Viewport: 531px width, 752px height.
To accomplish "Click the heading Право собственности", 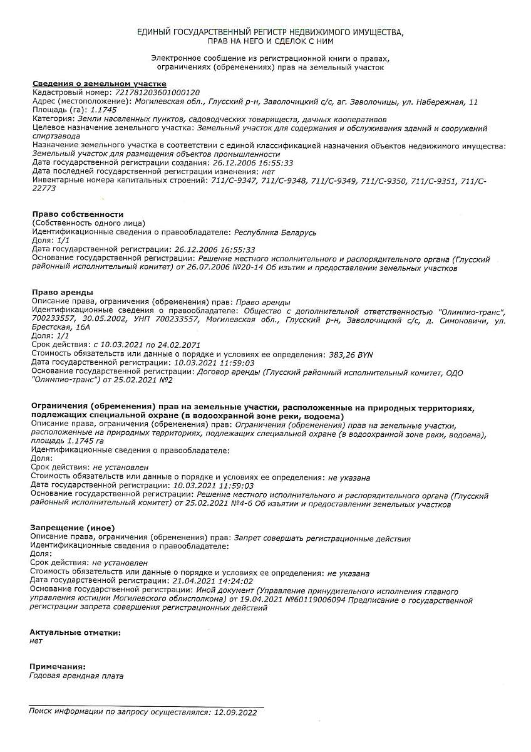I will pyautogui.click(x=78, y=214).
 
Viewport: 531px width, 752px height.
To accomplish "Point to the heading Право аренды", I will pyautogui.click(x=63, y=293).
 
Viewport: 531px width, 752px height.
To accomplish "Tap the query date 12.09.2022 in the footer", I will pyautogui.click(x=235, y=712).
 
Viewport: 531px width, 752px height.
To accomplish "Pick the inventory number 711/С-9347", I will pyautogui.click(x=234, y=180).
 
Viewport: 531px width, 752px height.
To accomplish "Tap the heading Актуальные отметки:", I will pyautogui.click(x=75, y=632).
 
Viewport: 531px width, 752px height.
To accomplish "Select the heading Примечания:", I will pyautogui.click(x=58, y=667).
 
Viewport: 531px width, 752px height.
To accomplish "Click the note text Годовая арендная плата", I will pyautogui.click(x=76, y=676).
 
